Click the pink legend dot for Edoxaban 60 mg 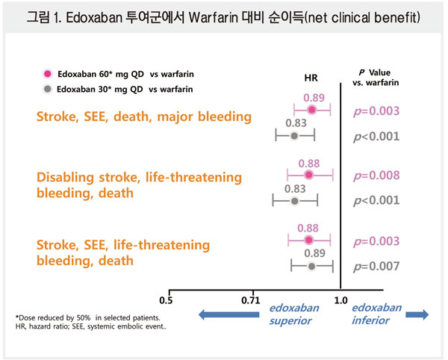[48, 74]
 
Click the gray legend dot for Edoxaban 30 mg [48, 89]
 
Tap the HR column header [311, 78]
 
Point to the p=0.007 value [376, 266]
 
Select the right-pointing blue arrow [417, 315]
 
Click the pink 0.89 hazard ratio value [314, 97]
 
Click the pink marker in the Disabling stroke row [308, 176]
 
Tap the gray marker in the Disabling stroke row [294, 201]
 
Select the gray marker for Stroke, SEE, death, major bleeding [294, 135]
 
